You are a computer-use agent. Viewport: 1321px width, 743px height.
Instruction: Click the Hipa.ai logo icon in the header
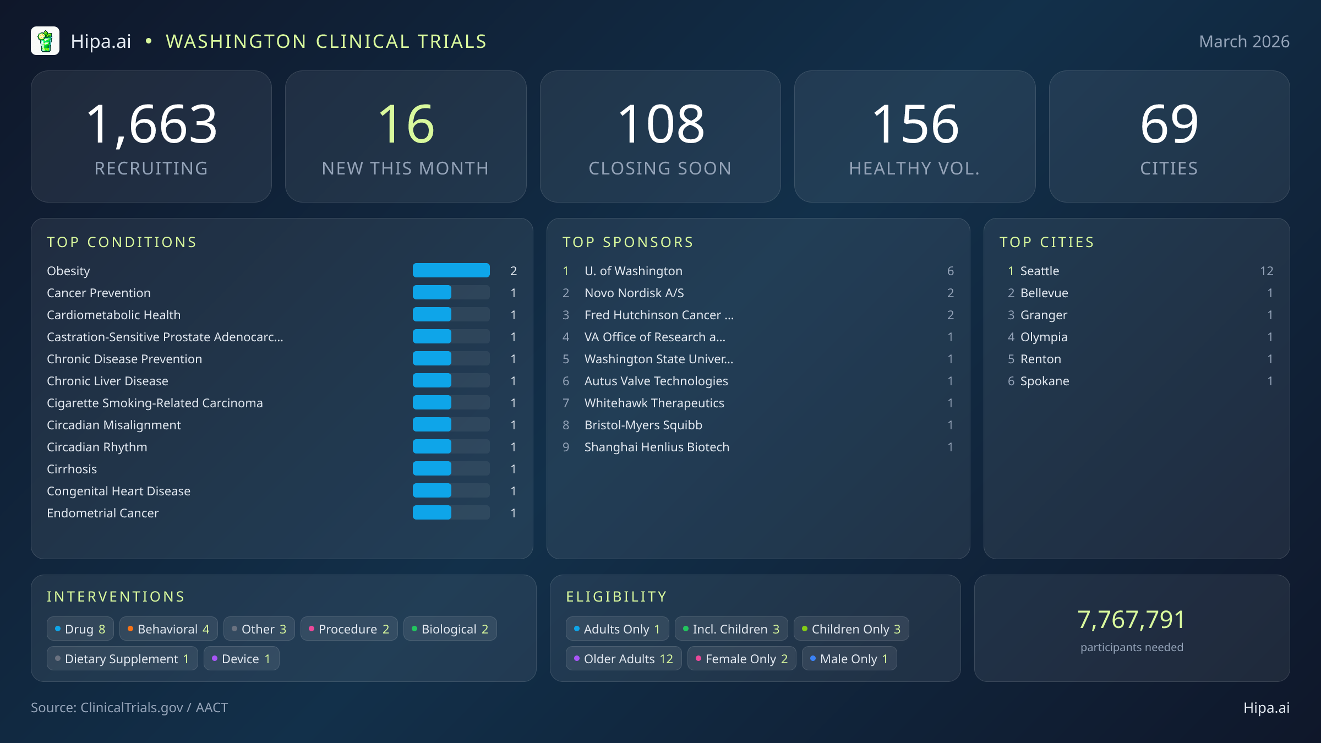(45, 41)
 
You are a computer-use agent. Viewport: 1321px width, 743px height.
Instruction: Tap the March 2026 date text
(1244, 42)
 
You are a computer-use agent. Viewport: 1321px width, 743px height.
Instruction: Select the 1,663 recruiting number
(151, 124)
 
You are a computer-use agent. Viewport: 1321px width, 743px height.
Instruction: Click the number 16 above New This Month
(406, 124)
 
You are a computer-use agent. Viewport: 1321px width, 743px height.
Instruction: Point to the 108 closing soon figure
(660, 124)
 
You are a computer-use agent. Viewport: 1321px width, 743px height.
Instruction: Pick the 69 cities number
(1169, 124)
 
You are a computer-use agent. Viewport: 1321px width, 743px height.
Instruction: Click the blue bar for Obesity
(451, 270)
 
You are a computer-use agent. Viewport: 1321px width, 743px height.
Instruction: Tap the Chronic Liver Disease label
(107, 381)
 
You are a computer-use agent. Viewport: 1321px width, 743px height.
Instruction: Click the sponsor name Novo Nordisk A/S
(634, 293)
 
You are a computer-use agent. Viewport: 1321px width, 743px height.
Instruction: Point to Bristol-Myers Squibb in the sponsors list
(643, 425)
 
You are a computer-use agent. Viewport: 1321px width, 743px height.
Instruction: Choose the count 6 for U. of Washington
(950, 271)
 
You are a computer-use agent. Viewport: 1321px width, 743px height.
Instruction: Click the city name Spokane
(1044, 381)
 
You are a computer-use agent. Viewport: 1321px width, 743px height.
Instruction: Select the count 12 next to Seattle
(1267, 271)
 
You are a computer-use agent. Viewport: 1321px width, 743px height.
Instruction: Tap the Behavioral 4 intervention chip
(168, 629)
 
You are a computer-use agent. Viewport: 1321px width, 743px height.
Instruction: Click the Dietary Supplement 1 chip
(122, 658)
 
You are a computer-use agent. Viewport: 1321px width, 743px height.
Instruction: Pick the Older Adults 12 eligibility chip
(624, 658)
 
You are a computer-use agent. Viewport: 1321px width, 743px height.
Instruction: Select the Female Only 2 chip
(741, 658)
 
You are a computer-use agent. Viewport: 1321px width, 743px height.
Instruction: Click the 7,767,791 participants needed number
(1131, 620)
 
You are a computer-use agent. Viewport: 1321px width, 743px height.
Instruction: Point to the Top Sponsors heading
(627, 242)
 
